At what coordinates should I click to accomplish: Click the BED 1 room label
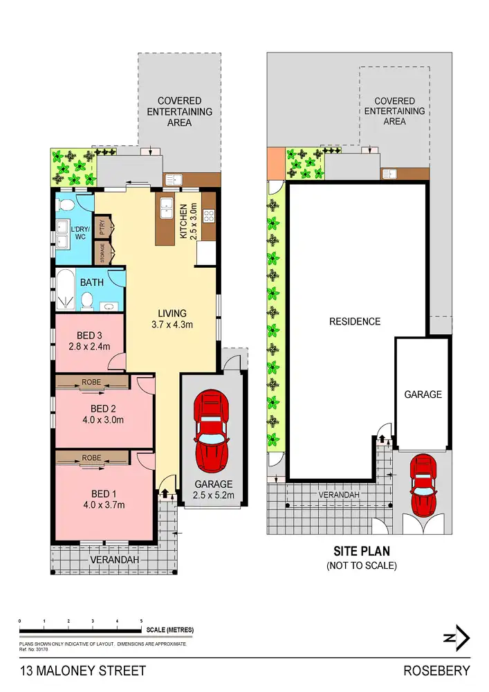tap(101, 493)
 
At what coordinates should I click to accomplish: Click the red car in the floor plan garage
tap(211, 427)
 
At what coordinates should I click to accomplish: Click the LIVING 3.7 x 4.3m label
tap(172, 318)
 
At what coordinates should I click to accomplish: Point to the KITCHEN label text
tap(184, 221)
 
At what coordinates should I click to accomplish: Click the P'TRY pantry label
tap(102, 226)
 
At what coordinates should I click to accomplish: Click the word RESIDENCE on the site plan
tap(354, 321)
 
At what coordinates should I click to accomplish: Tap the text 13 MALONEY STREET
tap(83, 671)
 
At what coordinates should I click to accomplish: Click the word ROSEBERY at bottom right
tap(436, 671)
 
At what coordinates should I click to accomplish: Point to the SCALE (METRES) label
tap(170, 630)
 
